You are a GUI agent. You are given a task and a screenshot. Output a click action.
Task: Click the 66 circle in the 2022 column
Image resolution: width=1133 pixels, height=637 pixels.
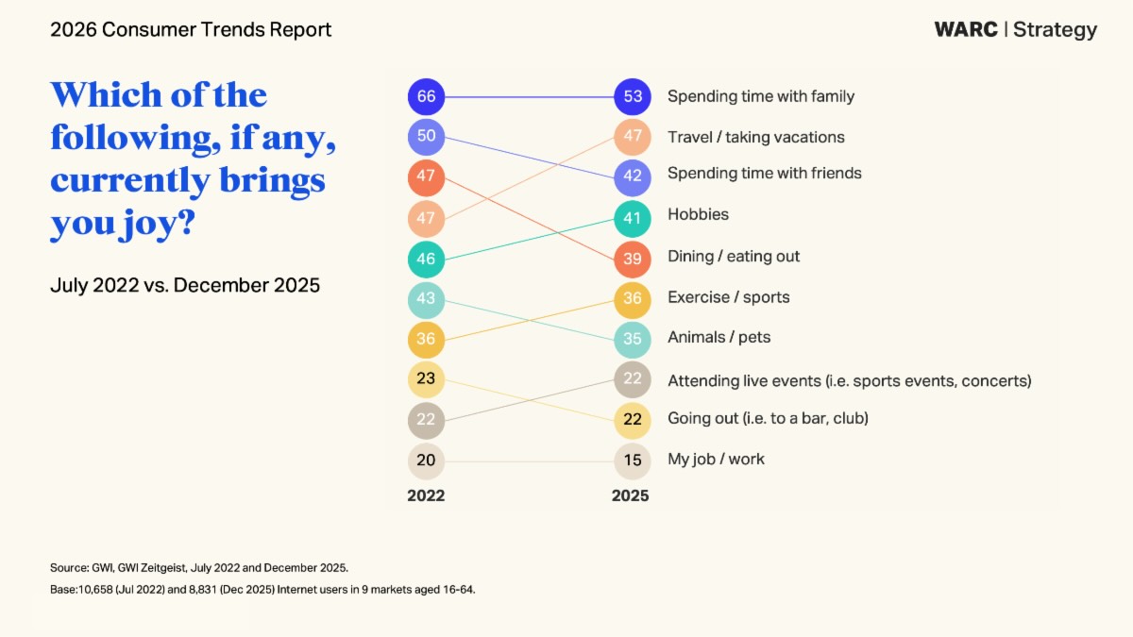pyautogui.click(x=426, y=96)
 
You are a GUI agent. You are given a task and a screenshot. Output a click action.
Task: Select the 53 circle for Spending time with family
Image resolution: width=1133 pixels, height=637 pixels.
pyautogui.click(x=632, y=96)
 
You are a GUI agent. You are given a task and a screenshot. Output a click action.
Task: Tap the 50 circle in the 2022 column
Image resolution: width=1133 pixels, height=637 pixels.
pyautogui.click(x=426, y=137)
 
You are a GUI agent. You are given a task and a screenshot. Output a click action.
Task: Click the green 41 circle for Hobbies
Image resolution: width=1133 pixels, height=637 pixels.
pyautogui.click(x=632, y=218)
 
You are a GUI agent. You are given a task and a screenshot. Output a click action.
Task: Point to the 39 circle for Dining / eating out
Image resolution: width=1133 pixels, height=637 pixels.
pyautogui.click(x=632, y=259)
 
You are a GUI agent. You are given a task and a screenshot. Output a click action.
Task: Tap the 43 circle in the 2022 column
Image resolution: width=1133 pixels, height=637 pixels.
pyautogui.click(x=426, y=299)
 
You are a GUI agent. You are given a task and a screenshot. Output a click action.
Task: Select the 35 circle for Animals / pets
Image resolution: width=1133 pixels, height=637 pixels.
pyautogui.click(x=632, y=340)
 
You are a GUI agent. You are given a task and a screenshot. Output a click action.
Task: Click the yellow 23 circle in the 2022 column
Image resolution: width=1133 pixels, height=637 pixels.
pyautogui.click(x=426, y=379)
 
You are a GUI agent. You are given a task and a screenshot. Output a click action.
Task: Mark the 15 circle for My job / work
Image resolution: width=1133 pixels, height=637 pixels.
pyautogui.click(x=632, y=461)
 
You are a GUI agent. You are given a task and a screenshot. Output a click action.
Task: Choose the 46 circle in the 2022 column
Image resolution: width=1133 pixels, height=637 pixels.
pyautogui.click(x=426, y=259)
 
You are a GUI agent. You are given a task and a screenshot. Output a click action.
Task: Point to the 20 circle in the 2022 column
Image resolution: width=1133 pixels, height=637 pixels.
pyautogui.click(x=426, y=461)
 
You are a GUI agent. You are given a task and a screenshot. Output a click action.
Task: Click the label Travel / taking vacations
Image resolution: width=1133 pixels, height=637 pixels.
pyautogui.click(x=755, y=137)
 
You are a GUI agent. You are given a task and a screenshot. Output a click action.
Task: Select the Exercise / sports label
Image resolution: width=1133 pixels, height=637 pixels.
pyautogui.click(x=728, y=297)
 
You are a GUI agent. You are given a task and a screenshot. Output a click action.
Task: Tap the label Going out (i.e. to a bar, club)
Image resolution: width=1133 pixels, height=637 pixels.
pyautogui.click(x=768, y=418)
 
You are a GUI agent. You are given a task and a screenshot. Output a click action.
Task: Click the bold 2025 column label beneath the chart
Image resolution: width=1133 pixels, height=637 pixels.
pyautogui.click(x=630, y=495)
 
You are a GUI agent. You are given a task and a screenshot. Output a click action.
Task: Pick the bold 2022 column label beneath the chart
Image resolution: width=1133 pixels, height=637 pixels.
pyautogui.click(x=426, y=495)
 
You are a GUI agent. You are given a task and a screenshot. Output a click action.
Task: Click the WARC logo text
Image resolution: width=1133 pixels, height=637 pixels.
pyautogui.click(x=966, y=29)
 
